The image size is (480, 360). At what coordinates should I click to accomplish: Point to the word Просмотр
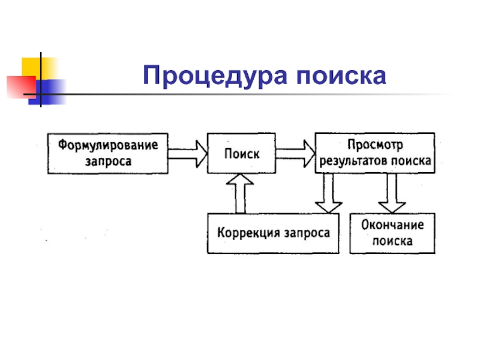point(376,145)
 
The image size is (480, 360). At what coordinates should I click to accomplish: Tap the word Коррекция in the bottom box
point(245,233)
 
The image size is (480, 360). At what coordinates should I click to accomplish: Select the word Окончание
point(393,226)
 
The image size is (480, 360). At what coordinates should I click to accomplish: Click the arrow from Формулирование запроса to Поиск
point(187,153)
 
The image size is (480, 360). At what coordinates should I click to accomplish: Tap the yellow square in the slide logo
point(35,68)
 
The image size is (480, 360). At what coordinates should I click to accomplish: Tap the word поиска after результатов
point(411,161)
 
